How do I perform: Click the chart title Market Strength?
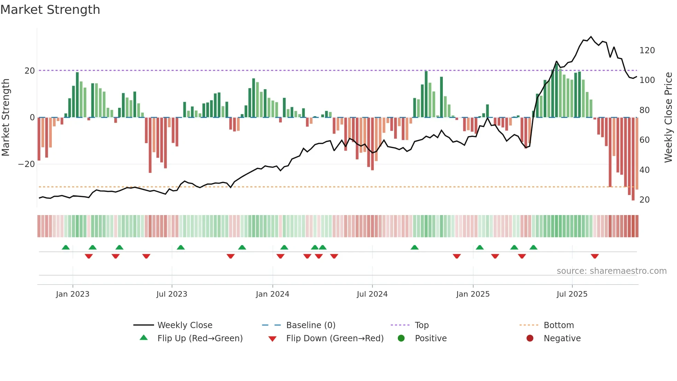[x=50, y=10]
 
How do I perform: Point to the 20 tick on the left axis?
[x=30, y=71]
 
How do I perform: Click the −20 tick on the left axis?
[x=27, y=164]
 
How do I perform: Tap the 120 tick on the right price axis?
[x=647, y=50]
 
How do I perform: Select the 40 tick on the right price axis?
[x=645, y=170]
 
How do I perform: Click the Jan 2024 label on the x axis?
[x=273, y=294]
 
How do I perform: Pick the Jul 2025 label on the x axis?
[x=572, y=294]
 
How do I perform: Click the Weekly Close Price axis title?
[x=668, y=118]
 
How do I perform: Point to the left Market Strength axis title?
[x=6, y=118]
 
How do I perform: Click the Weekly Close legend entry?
[x=185, y=325]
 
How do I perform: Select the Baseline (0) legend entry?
[x=311, y=325]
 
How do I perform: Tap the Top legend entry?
[x=421, y=325]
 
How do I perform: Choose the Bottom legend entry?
[x=559, y=325]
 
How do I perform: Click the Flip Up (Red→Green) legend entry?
[x=200, y=338]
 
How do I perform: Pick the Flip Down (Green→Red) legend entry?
[x=335, y=338]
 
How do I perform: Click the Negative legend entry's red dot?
[x=530, y=338]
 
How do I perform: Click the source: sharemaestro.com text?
[x=611, y=271]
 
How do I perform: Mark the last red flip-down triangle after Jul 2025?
[x=595, y=256]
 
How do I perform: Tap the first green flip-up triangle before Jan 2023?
[x=66, y=247]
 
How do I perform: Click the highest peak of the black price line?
[x=591, y=37]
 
